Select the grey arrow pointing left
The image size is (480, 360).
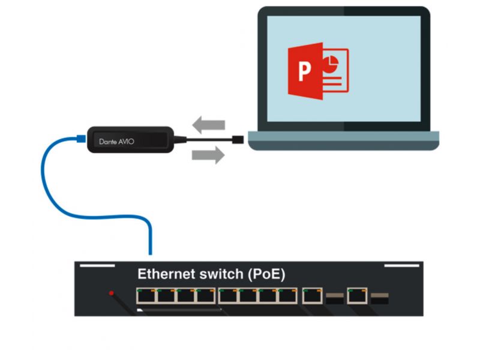(208, 125)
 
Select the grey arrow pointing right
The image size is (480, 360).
(208, 156)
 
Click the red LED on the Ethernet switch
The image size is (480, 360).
(111, 293)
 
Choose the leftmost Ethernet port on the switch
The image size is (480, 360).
(145, 295)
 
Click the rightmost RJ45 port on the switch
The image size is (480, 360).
(358, 295)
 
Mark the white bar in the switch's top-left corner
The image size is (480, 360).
(97, 265)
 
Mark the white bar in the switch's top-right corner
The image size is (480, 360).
(401, 265)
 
